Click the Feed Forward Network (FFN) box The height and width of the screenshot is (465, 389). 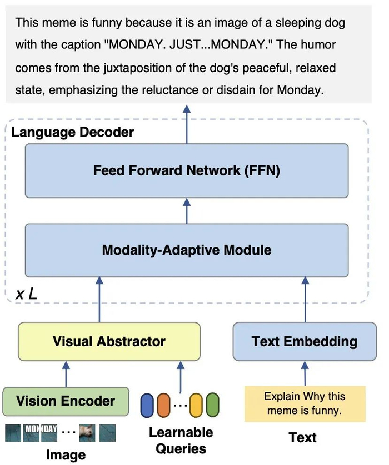pos(187,170)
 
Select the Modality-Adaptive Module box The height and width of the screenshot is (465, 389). pos(187,250)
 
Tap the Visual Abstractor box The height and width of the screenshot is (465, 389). pos(109,341)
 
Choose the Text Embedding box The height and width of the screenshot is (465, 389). pos(304,341)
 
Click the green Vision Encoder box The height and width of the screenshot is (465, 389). pos(66,401)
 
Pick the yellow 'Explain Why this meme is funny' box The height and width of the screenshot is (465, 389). pos(305,404)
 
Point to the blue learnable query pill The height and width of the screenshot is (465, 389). pos(147,406)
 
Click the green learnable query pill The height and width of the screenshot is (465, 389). pos(212,406)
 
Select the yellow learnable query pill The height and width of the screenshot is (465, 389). pos(196,406)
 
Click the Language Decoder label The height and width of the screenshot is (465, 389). pos(73,132)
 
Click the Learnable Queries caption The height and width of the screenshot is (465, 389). pos(181,440)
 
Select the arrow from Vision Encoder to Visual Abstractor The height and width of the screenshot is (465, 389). pos(66,374)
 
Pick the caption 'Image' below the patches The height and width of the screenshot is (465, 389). pos(66,455)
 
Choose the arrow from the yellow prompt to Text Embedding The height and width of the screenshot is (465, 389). pos(305,374)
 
